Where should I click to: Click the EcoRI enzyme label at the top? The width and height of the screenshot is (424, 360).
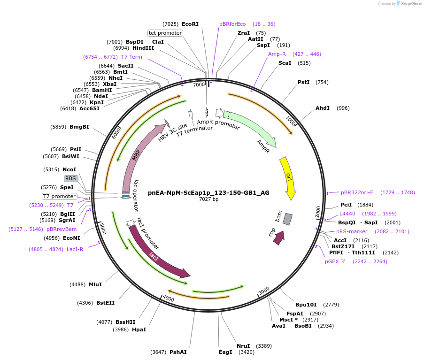(190, 24)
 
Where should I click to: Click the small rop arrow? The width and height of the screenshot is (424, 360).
(279, 237)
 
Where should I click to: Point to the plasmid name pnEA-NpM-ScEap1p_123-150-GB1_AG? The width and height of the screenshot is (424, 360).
(208, 192)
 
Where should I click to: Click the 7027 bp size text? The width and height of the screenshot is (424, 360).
(208, 199)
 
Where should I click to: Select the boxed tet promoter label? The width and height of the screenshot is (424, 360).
(165, 33)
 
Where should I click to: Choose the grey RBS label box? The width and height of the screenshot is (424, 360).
(70, 178)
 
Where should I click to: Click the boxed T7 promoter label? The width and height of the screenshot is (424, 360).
(59, 196)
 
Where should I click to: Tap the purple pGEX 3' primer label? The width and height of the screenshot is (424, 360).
(335, 261)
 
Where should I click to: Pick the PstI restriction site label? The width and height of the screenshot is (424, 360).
(303, 82)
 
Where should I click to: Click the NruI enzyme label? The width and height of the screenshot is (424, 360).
(243, 346)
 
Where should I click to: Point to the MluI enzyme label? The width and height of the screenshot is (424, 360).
(95, 284)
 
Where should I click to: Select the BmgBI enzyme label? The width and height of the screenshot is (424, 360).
(79, 127)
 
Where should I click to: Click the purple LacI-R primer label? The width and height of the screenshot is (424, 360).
(75, 249)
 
